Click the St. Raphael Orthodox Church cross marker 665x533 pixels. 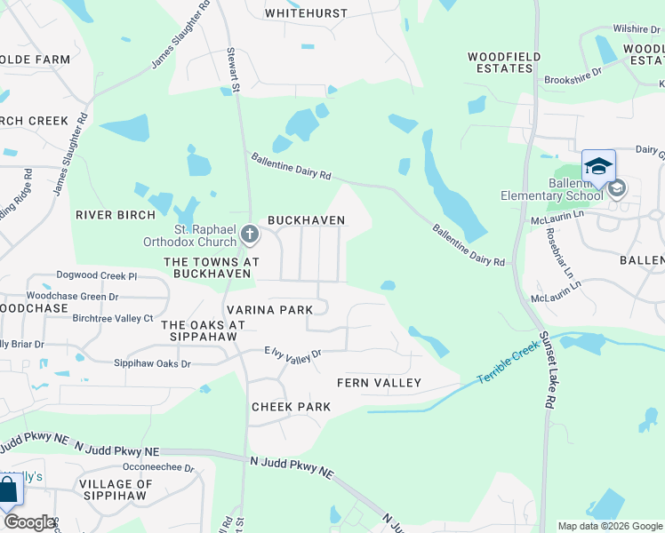point(250,235)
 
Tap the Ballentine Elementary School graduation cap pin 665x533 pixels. point(598,167)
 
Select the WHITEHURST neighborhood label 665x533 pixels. point(306,13)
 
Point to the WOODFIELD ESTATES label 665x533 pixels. point(504,62)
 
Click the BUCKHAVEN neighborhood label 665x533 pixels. point(306,219)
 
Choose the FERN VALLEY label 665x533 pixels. point(379,383)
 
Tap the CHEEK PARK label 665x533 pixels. point(291,407)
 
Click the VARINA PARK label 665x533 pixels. point(269,309)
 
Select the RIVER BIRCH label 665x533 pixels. point(116,214)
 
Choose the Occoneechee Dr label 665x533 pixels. point(158,467)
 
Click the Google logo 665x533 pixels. point(28,522)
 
